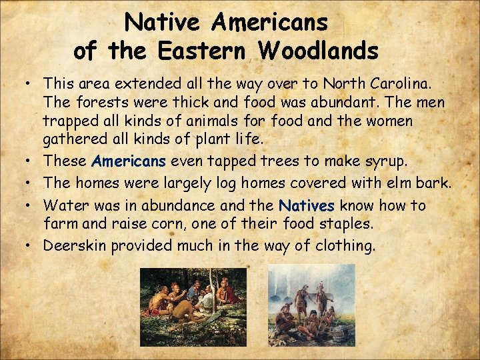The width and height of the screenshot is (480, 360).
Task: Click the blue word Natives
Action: point(306,205)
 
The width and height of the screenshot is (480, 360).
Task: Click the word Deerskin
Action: point(75,245)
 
